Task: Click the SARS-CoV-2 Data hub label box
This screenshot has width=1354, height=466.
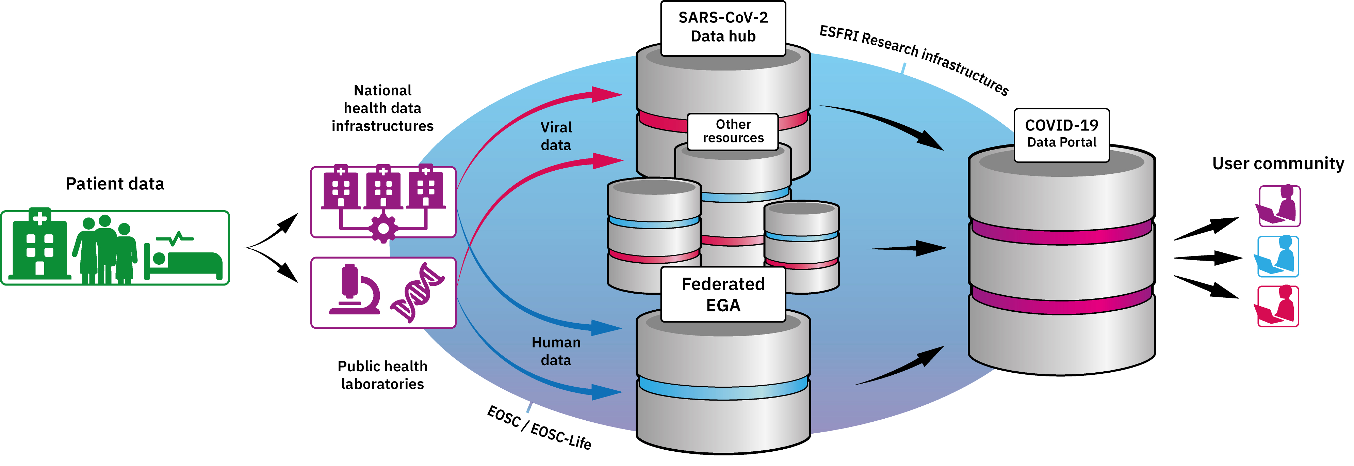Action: click(723, 27)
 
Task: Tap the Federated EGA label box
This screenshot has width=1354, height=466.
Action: click(723, 295)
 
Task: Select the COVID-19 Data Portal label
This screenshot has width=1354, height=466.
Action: click(1061, 134)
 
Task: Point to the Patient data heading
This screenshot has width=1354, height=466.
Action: click(115, 184)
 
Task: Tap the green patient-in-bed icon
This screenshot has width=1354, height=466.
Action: click(184, 258)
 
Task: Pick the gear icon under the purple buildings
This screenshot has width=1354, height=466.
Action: click(383, 228)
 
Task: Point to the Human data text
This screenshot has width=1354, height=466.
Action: click(556, 351)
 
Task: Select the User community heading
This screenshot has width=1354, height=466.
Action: click(1277, 164)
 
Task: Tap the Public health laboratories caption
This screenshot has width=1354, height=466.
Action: click(382, 375)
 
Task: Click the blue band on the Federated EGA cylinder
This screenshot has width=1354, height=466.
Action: click(723, 388)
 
